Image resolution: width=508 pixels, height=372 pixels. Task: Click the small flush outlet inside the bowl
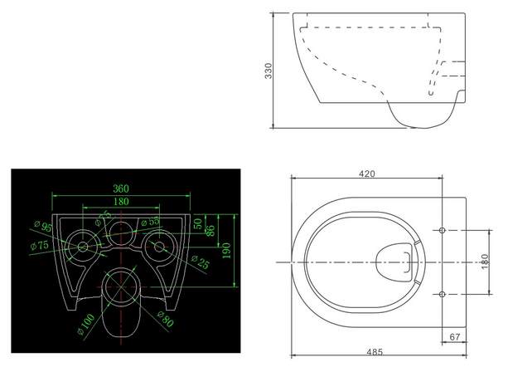tap(394, 259)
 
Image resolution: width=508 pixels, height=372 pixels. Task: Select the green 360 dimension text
tap(120, 189)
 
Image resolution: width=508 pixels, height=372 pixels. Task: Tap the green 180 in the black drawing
tap(120, 202)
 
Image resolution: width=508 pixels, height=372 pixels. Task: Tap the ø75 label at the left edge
tap(36, 245)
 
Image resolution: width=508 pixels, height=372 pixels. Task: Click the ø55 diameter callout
tap(149, 223)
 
